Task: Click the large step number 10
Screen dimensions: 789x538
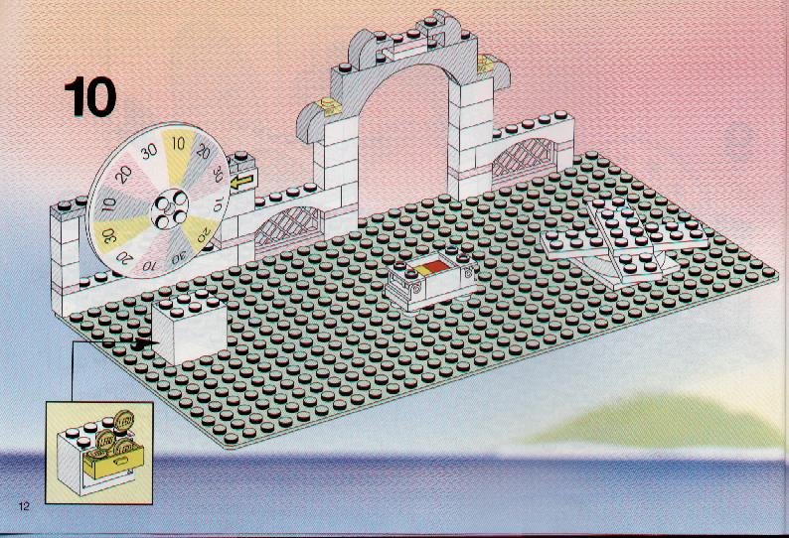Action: [90, 96]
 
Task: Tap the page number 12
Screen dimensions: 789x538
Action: [24, 506]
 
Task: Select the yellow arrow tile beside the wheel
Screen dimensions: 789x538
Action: [243, 180]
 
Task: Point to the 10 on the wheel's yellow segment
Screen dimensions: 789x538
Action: [178, 144]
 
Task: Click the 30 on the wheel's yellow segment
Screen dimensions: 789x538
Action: [108, 235]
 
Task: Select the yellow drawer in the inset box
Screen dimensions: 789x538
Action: [113, 462]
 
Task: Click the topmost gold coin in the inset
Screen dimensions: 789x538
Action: [123, 420]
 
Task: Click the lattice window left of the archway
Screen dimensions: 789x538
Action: [287, 227]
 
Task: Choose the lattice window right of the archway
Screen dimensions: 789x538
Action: [524, 157]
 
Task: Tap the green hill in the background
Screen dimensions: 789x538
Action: [654, 421]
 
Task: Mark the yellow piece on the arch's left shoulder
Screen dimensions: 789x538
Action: [328, 106]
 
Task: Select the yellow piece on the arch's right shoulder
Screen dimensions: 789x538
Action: [486, 64]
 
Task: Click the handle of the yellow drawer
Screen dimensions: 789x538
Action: [122, 460]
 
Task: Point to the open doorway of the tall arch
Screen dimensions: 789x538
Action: [402, 141]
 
